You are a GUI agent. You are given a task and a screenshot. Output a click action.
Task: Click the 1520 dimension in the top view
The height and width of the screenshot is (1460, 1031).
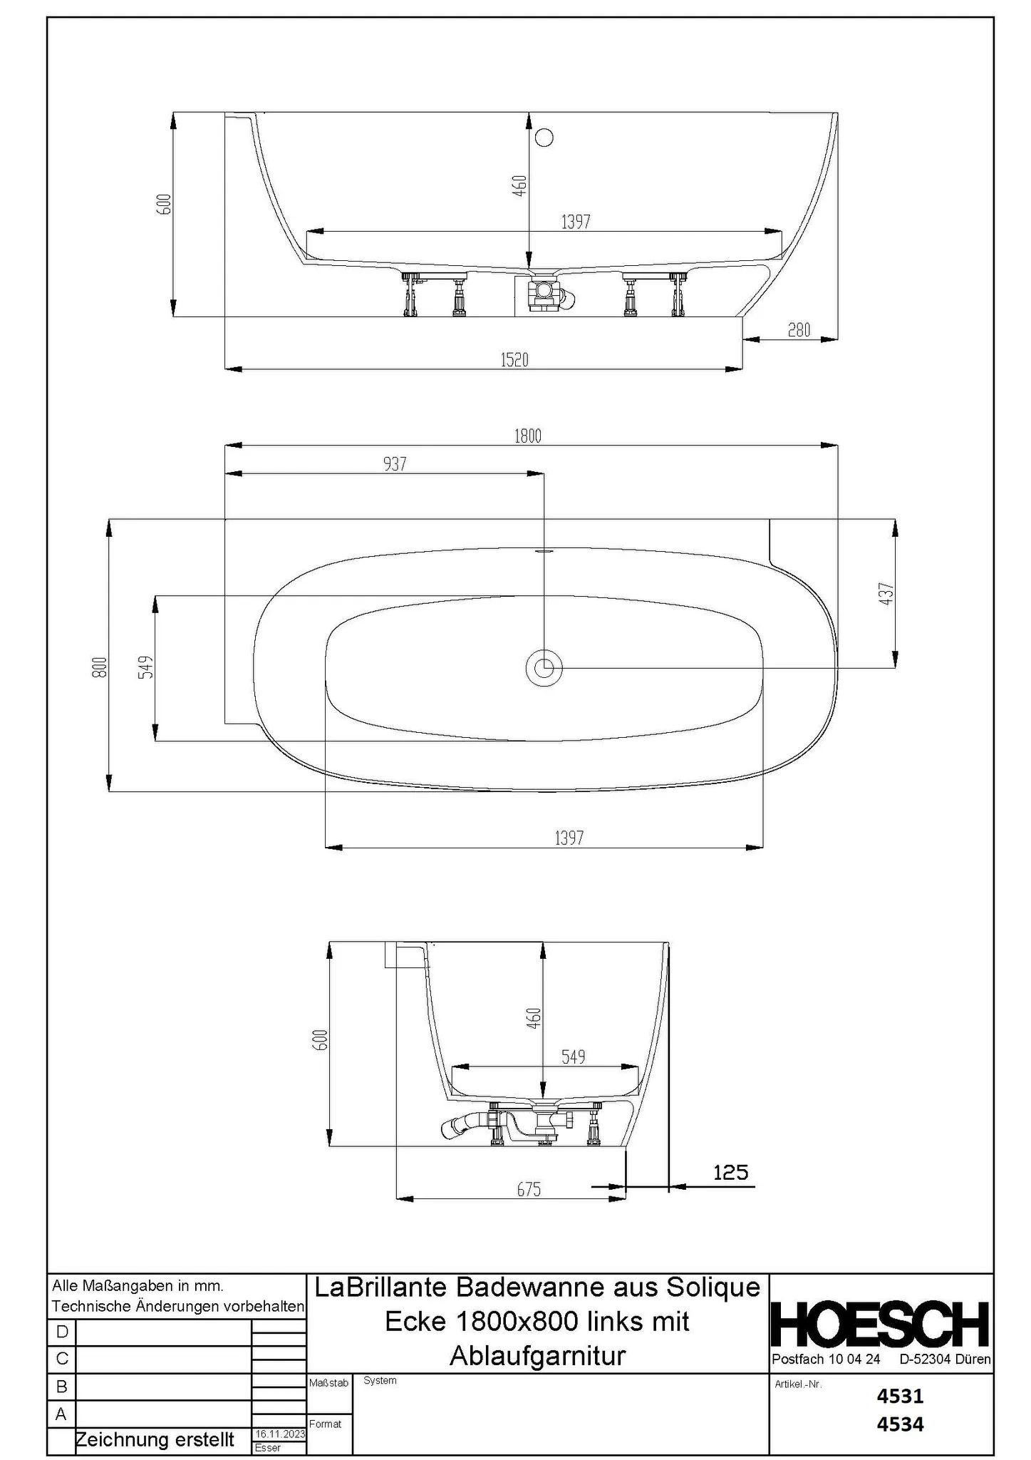pos(514,360)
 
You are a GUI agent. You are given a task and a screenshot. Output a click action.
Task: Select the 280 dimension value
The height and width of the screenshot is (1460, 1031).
pos(799,330)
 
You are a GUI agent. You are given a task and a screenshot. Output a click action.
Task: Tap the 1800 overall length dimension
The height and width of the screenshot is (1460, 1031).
pos(528,436)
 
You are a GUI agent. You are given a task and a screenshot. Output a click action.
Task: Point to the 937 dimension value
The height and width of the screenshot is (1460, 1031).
pos(395,464)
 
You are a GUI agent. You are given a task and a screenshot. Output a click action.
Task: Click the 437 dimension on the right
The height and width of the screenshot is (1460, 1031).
pos(886,594)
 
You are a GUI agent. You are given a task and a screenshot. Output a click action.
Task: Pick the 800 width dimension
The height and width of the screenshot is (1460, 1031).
pos(100,667)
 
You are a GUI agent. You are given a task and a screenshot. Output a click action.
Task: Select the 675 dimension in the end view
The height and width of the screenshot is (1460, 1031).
pos(529,1189)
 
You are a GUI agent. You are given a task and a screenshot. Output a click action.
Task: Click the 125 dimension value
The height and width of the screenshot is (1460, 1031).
pos(730,1173)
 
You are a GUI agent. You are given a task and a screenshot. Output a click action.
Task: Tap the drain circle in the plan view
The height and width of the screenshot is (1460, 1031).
pos(544,668)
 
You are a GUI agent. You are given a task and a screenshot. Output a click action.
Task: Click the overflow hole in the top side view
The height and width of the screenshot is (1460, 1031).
pos(544,137)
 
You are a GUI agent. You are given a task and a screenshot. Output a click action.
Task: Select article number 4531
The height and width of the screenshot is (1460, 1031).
pos(900,1395)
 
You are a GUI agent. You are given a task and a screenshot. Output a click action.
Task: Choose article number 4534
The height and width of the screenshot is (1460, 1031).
pos(900,1424)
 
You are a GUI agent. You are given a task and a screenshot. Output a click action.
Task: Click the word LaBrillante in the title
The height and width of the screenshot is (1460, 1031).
pos(380,1287)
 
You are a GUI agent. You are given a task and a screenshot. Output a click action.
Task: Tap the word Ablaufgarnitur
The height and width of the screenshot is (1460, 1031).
pos(537,1355)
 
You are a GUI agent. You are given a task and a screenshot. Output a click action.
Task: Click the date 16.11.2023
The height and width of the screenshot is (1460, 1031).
pos(279,1434)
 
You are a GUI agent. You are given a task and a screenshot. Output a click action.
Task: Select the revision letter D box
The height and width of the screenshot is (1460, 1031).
pos(62,1332)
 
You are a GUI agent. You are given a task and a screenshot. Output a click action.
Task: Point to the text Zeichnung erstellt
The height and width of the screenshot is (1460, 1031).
pos(155,1439)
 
